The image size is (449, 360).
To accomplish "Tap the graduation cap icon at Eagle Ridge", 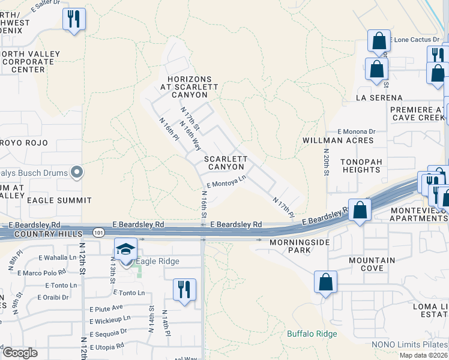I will (x=126, y=248).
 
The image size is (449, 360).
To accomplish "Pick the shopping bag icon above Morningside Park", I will (x=360, y=211).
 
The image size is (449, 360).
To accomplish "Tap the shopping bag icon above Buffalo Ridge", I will (x=325, y=283).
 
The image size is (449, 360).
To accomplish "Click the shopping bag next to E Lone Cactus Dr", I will (x=379, y=41).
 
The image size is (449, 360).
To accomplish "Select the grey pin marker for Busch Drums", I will (x=76, y=173).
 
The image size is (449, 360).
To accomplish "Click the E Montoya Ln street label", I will (x=226, y=181).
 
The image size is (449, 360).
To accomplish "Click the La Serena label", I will (x=379, y=97).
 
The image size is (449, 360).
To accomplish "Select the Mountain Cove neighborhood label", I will (x=373, y=264).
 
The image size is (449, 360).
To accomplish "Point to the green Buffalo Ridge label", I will (x=312, y=334).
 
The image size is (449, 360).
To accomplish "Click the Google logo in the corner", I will (x=20, y=353).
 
